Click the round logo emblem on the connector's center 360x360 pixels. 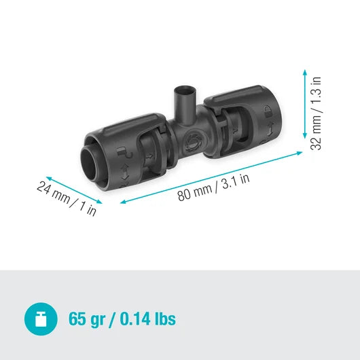click(192, 141)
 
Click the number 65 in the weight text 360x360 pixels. click(77, 319)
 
